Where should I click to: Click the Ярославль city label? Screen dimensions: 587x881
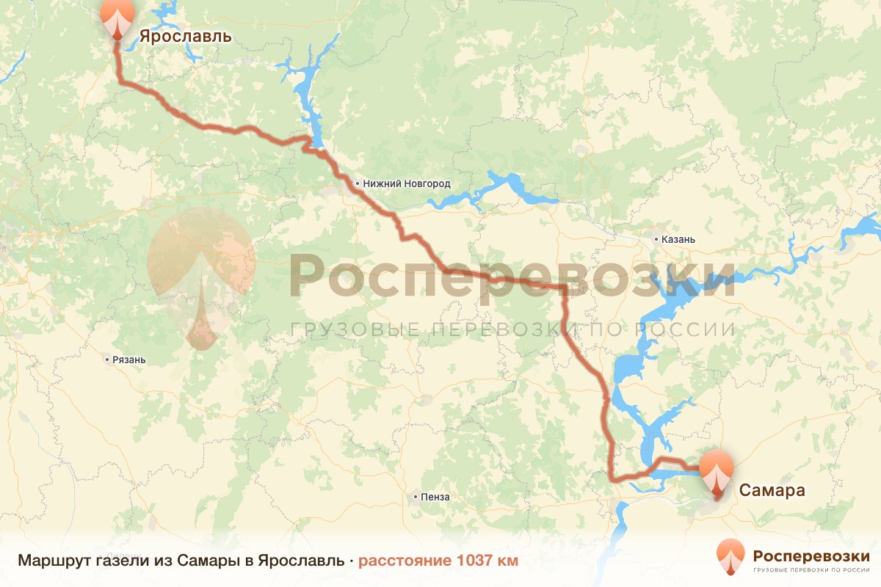coord(185,36)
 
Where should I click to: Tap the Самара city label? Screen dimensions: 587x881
coord(772,490)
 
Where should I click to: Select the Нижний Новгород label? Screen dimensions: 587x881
coord(406,183)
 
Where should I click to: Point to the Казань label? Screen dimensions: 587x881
coord(678,239)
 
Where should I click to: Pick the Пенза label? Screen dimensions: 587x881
coord(435,497)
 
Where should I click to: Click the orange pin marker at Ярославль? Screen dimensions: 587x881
coord(117,18)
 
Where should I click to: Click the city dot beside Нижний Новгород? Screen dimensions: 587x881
coord(358,183)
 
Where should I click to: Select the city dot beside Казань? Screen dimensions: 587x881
coord(656,239)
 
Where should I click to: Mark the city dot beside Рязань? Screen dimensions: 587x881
coord(107,360)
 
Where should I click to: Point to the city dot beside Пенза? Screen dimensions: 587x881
coord(416,497)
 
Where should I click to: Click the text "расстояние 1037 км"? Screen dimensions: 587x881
coord(438,561)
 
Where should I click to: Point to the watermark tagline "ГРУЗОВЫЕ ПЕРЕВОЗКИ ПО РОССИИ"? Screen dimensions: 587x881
coord(512,329)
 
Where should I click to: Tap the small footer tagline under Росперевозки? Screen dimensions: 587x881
coord(811,569)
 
